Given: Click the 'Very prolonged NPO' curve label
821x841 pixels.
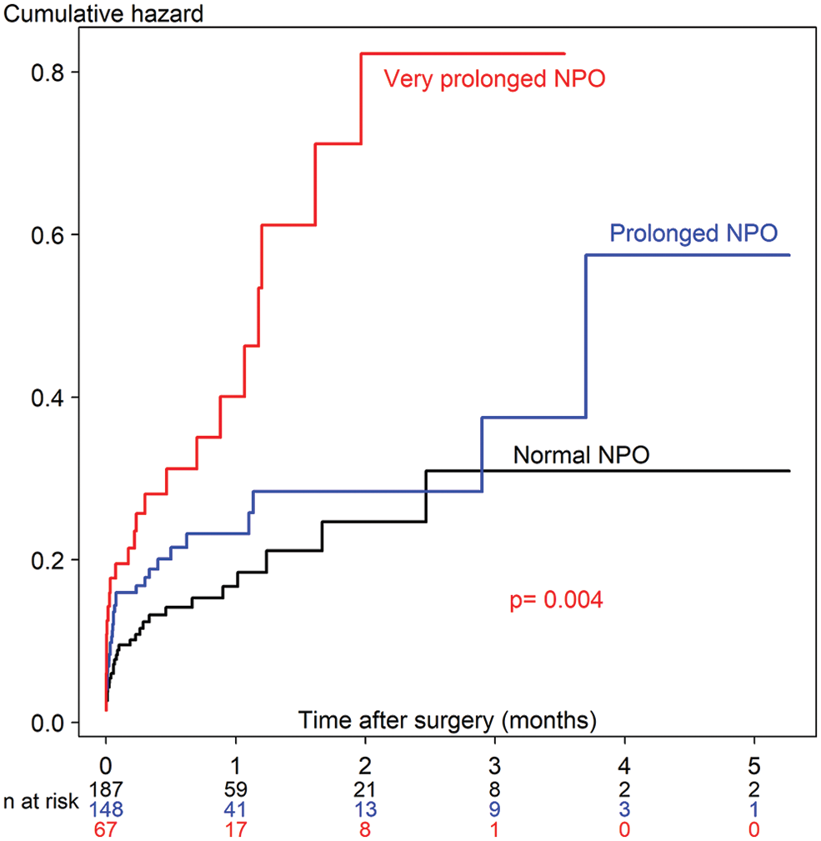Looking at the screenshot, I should [x=493, y=80].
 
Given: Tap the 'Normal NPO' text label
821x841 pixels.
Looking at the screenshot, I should [x=582, y=455].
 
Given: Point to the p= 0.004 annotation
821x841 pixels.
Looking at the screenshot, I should [x=556, y=600].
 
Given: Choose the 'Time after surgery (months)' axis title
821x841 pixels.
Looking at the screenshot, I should [x=448, y=718].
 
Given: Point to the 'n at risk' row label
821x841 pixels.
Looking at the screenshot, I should [x=39, y=801].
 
